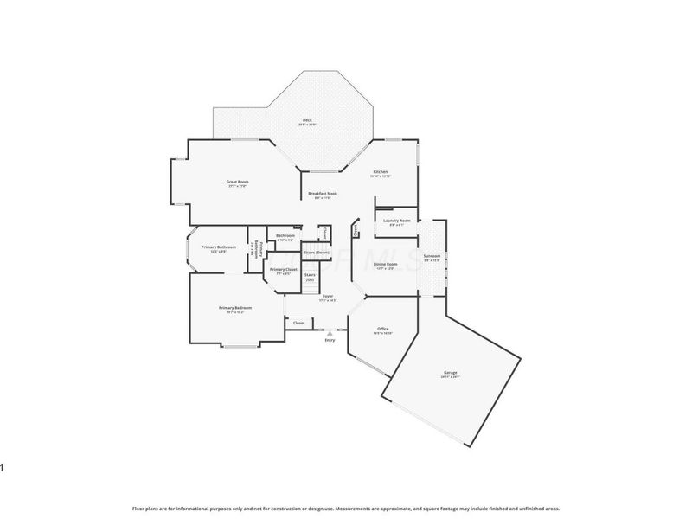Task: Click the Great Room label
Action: pos(237,182)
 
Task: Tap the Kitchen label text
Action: pos(381,172)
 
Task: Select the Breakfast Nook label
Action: pos(322,194)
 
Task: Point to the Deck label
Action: pos(307,120)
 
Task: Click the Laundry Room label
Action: pos(395,221)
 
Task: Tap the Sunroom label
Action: pos(431,255)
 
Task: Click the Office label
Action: pos(382,329)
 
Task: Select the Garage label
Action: pos(451,372)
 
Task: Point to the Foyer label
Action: pos(327,296)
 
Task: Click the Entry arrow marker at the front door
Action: pos(329,331)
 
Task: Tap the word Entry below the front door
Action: pos(329,340)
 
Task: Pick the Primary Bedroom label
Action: pos(234,308)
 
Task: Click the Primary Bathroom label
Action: pos(218,247)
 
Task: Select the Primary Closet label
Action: pos(284,269)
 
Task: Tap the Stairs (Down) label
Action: pos(316,252)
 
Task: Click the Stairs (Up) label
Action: pos(310,276)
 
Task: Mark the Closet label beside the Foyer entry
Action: pos(298,323)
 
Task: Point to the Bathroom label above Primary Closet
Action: pos(285,235)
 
